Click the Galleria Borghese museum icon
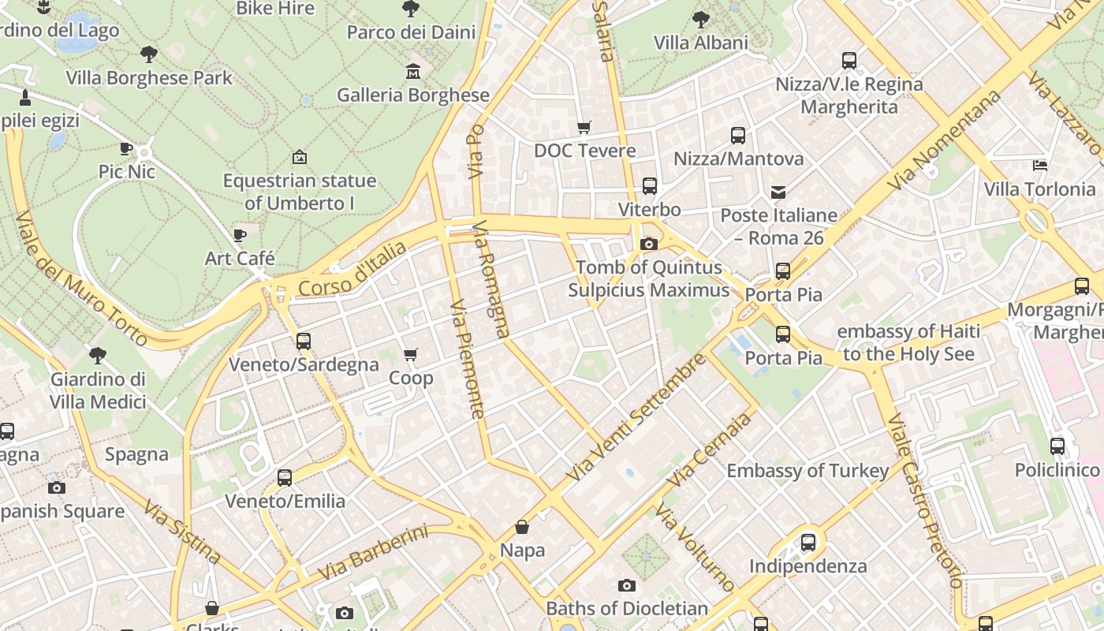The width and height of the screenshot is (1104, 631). click(x=412, y=73)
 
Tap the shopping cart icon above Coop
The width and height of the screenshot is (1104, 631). click(x=410, y=355)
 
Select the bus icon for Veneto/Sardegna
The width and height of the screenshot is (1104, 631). click(x=304, y=342)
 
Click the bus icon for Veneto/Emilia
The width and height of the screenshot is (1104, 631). click(x=285, y=478)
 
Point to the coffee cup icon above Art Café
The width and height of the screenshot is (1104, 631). click(x=240, y=235)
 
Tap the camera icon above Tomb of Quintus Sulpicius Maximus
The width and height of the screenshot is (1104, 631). click(x=649, y=245)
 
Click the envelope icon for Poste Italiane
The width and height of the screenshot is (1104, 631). click(x=778, y=192)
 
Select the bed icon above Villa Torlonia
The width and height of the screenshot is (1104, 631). click(x=1040, y=166)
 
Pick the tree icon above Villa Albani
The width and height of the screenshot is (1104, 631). click(x=700, y=19)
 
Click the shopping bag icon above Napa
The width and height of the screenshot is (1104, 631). click(x=522, y=527)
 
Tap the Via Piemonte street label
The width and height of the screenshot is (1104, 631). click(x=467, y=359)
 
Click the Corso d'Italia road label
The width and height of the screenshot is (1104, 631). click(x=352, y=270)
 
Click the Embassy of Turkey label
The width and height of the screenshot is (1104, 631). click(x=807, y=471)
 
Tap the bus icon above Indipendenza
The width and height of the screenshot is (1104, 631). click(x=808, y=543)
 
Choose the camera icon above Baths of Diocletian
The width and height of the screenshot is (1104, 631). click(x=627, y=585)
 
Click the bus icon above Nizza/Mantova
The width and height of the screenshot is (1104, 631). click(x=738, y=136)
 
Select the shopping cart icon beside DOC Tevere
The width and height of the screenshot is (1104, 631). click(x=584, y=128)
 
